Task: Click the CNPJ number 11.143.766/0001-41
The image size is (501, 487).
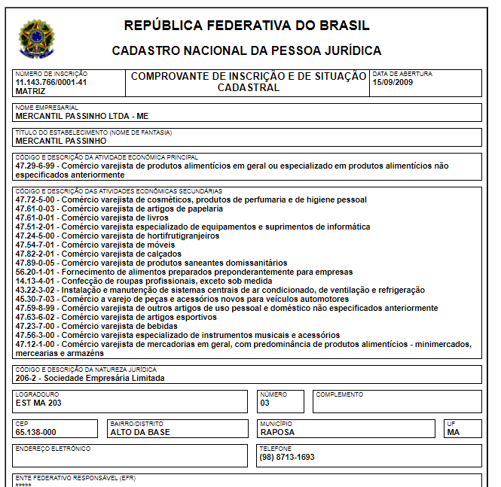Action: (x=51, y=82)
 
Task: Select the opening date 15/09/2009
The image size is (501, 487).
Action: (x=394, y=82)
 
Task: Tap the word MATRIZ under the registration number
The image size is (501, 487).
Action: (x=30, y=90)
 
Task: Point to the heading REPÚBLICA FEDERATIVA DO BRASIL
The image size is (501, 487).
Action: (x=246, y=26)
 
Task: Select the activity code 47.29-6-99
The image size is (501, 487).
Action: (x=36, y=165)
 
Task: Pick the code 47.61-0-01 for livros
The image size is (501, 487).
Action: (x=36, y=218)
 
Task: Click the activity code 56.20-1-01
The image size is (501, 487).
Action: (x=36, y=272)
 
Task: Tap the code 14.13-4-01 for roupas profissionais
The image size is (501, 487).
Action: (x=36, y=281)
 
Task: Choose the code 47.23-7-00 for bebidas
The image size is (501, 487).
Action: (x=36, y=326)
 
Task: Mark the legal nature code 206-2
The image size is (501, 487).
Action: (x=27, y=378)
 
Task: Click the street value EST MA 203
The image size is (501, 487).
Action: (x=38, y=403)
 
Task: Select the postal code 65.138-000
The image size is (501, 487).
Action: (x=36, y=432)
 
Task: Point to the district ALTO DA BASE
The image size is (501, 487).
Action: (x=140, y=432)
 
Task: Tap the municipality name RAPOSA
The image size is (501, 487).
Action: (x=277, y=432)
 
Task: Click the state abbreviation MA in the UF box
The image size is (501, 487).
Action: (x=453, y=432)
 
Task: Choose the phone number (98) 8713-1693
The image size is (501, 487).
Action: (x=287, y=457)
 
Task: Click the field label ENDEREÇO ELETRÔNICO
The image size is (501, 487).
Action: (x=53, y=449)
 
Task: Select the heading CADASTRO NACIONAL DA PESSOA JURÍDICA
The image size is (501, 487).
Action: (x=246, y=51)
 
